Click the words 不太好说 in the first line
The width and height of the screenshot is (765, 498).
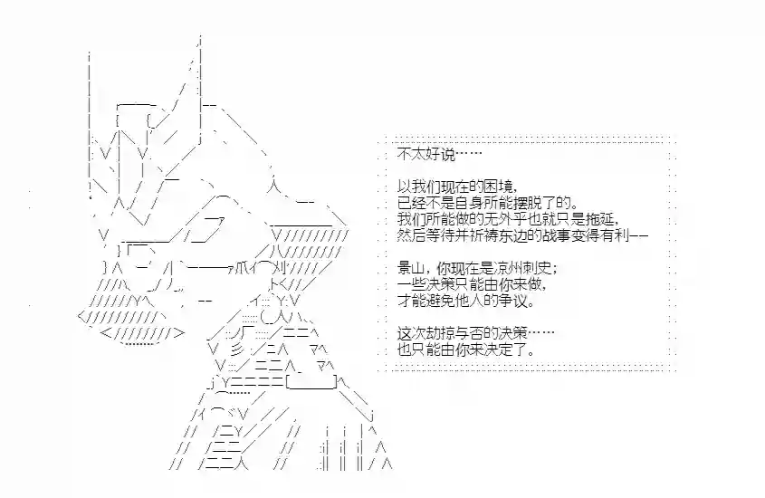[426, 155]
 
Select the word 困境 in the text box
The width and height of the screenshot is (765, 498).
[499, 187]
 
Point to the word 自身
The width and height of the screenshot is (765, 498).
[470, 202]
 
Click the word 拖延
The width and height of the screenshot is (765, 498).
[599, 219]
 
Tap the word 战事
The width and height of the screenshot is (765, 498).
[556, 235]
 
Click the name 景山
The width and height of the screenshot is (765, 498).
[412, 268]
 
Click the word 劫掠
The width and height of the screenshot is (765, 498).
[441, 333]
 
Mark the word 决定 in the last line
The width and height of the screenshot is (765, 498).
[512, 350]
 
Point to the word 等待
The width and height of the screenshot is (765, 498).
[441, 235]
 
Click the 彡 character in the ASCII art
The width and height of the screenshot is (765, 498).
[236, 350]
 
